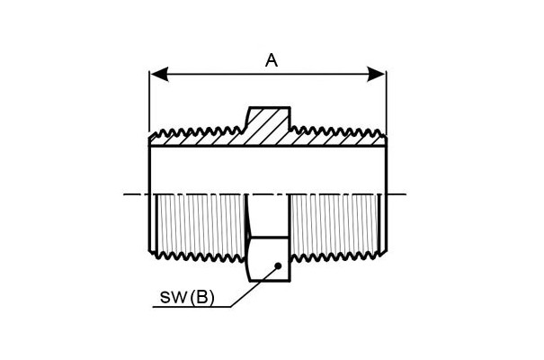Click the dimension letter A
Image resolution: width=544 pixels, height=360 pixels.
pos(272,60)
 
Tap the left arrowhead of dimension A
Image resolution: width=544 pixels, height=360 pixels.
pos(159,75)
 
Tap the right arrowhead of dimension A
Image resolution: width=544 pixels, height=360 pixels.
pos(376,75)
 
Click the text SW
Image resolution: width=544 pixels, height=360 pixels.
pos(174,298)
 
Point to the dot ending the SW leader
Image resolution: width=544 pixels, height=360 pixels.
pos(278,266)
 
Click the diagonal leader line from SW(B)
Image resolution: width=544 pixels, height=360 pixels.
pos(254,287)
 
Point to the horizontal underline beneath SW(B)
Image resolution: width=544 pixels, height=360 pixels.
pos(192,307)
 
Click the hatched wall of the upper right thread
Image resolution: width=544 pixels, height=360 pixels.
pos(337,138)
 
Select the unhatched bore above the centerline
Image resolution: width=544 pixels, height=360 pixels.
pos(267,170)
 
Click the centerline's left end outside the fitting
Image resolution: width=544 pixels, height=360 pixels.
pos(136,194)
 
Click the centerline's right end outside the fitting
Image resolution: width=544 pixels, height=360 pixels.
pos(397,194)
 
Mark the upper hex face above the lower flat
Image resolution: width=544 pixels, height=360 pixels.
pos(269,216)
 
